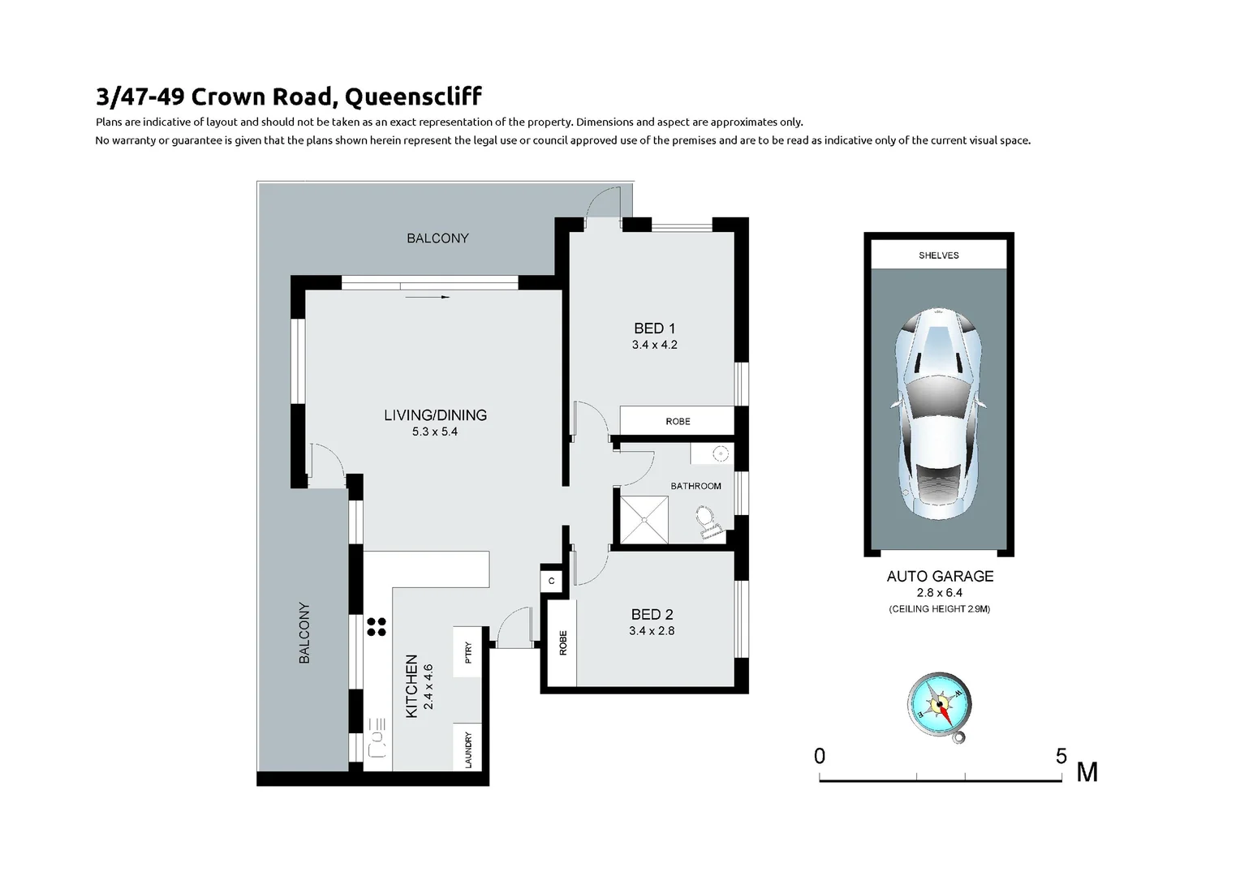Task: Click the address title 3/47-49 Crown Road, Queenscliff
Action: coord(289,97)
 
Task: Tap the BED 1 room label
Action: coord(654,328)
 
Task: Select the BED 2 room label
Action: coord(652,615)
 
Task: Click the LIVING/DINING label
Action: coord(435,415)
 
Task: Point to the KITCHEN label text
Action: coord(411,685)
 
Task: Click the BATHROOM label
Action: coord(695,486)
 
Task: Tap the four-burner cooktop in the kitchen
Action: coord(377,626)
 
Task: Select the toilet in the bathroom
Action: coord(707,522)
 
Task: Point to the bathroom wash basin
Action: coord(718,454)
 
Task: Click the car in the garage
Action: coord(939,414)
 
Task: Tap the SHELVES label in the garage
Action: coord(939,255)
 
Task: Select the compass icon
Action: coord(939,706)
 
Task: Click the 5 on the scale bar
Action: coord(1061,757)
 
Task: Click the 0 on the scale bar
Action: coord(820,757)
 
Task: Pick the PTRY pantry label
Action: coord(468,653)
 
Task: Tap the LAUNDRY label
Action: coord(468,749)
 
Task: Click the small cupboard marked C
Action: coord(552,581)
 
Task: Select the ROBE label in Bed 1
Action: coord(678,422)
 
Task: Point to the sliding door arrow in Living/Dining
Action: coord(428,298)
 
